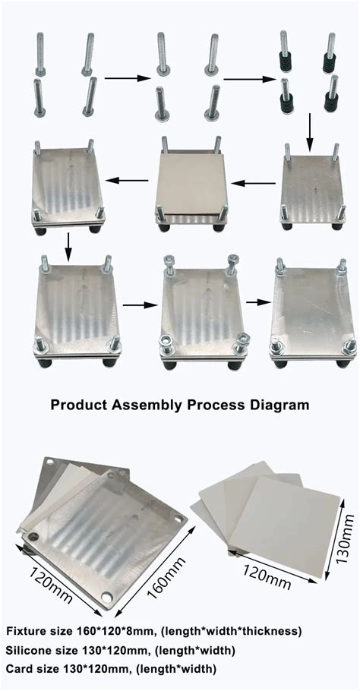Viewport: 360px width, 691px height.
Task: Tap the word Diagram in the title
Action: point(276,403)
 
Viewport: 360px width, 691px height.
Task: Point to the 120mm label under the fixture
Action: point(52,582)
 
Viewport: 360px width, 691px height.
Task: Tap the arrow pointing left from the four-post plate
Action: point(254,182)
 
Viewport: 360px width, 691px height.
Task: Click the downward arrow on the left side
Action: point(69,241)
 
